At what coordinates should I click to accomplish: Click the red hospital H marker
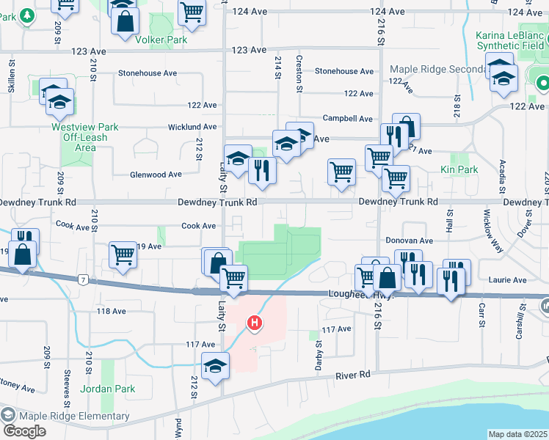tap(255, 322)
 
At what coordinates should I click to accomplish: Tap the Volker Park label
tap(161, 40)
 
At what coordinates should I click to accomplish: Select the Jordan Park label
tap(108, 389)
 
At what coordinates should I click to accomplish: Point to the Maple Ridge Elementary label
tap(74, 417)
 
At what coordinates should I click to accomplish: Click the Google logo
tap(24, 430)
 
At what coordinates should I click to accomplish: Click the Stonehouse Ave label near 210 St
tap(149, 73)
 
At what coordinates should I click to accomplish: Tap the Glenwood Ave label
tap(155, 175)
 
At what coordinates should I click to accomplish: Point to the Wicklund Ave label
tap(192, 126)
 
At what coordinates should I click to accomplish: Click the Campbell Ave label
tap(349, 118)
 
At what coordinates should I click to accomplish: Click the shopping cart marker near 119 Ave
tap(123, 254)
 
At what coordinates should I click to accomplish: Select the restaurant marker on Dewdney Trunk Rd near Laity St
tap(262, 171)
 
